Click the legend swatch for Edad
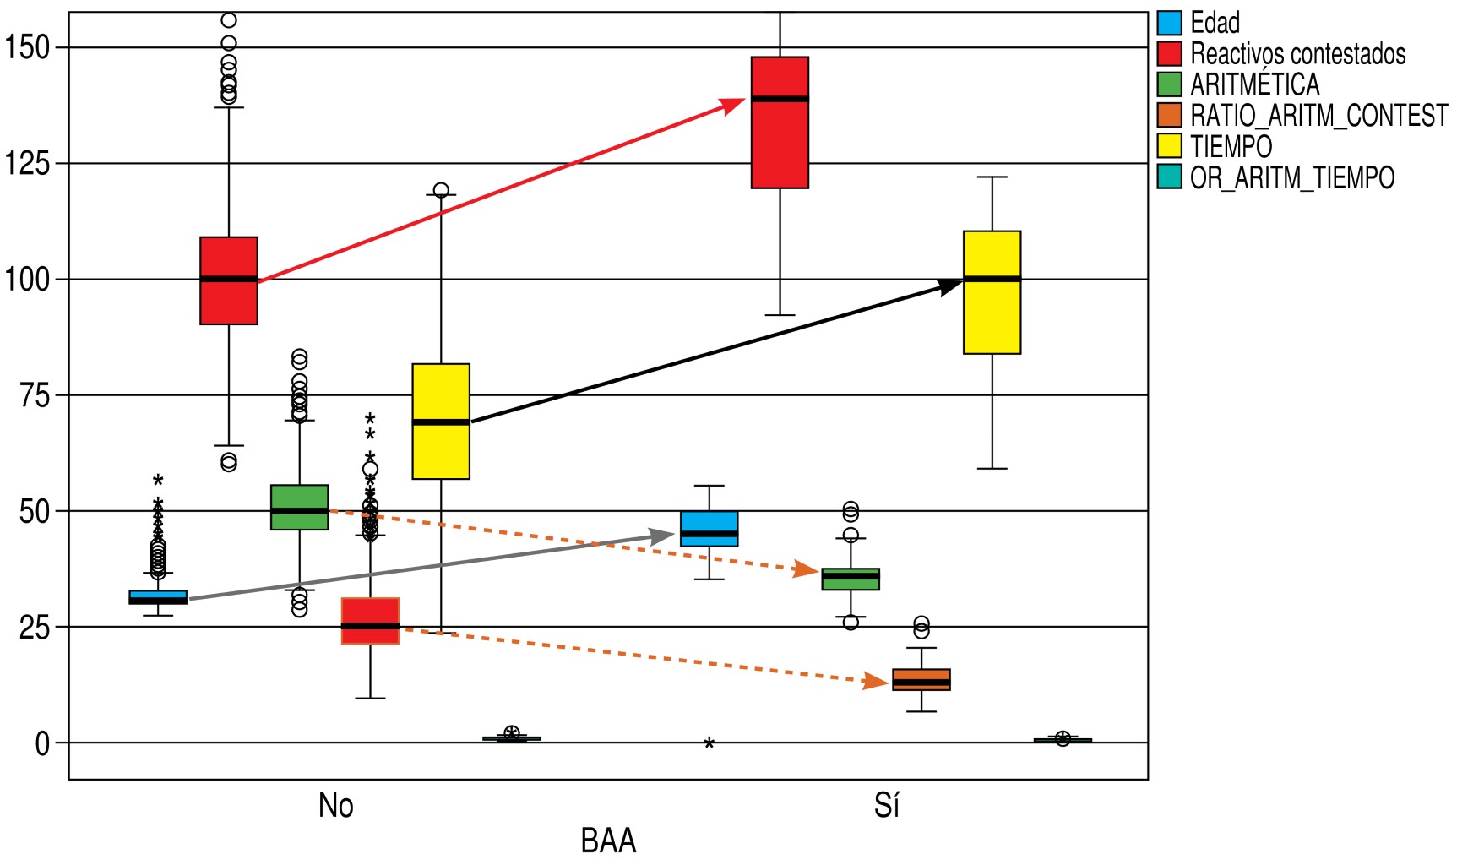[1169, 23]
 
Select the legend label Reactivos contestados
[1297, 54]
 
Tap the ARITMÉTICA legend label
[1254, 84]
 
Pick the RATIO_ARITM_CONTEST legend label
[1318, 116]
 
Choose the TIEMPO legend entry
[1231, 147]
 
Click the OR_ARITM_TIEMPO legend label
[1292, 177]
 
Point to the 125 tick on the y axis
[27, 163]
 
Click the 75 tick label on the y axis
[35, 395]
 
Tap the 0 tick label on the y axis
[42, 743]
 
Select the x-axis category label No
[335, 805]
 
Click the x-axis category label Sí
[887, 805]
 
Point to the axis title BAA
[608, 841]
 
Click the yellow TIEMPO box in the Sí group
[992, 292]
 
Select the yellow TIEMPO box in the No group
[441, 422]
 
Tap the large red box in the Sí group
[780, 122]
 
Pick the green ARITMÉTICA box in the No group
[299, 507]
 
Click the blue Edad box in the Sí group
[709, 529]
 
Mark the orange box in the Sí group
[921, 679]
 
